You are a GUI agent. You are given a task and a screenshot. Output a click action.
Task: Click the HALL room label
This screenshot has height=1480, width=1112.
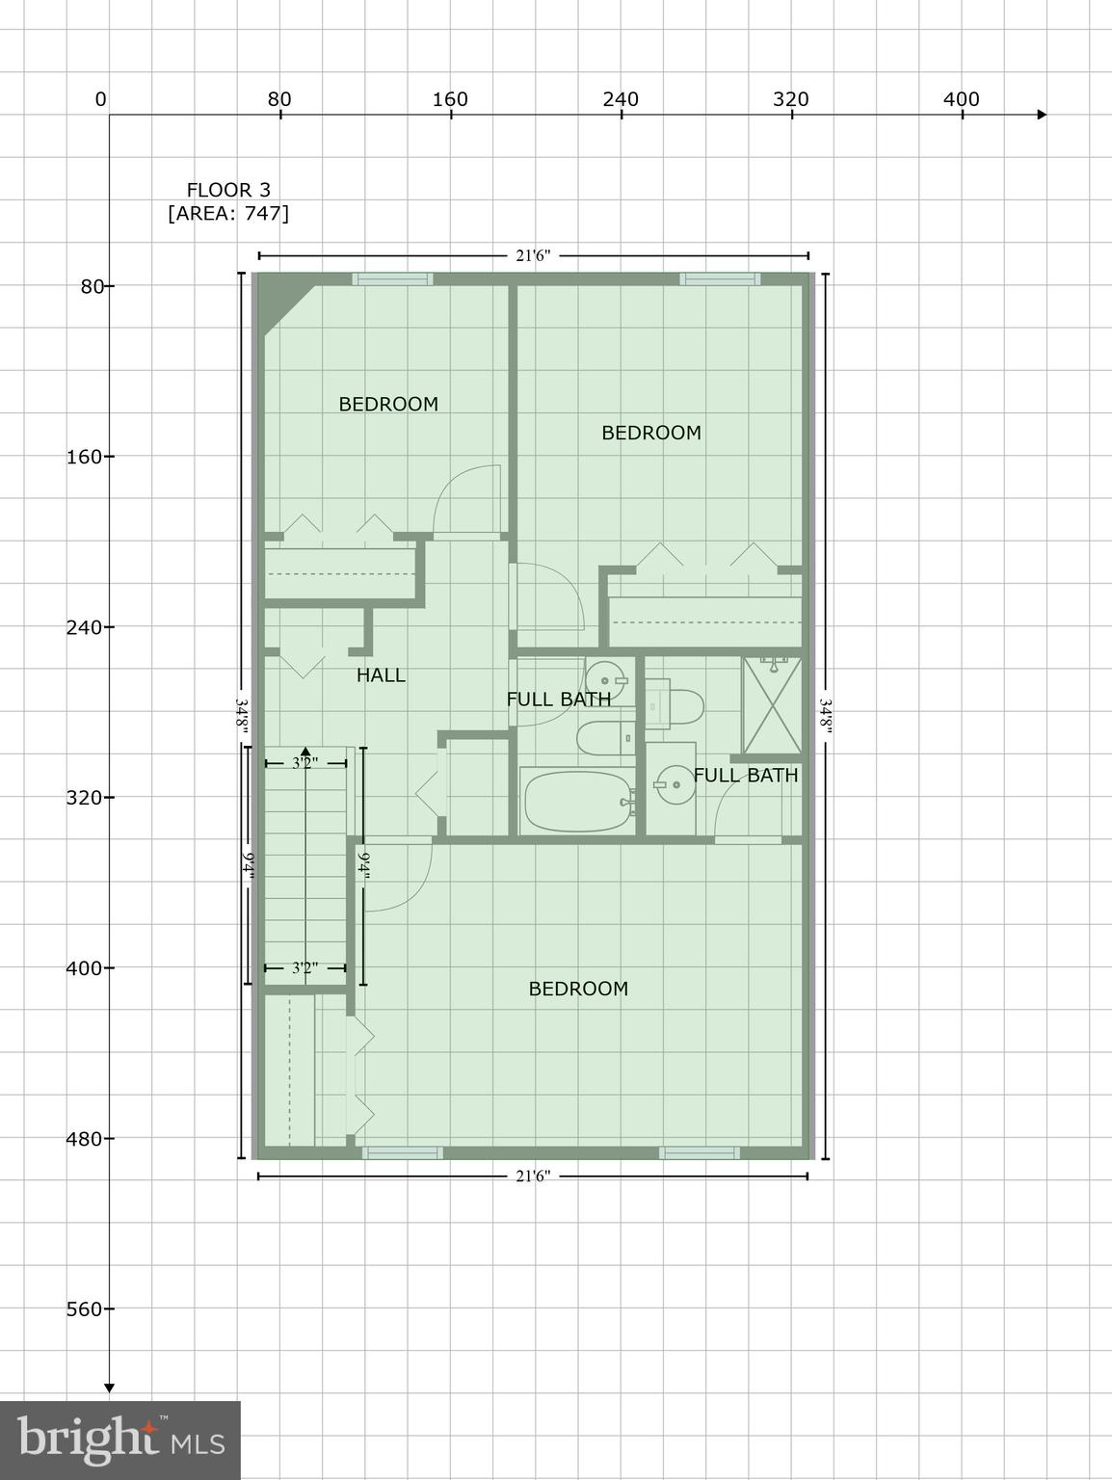pos(381,675)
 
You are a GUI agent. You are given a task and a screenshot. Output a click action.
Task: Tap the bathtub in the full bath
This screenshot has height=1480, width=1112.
pos(576,801)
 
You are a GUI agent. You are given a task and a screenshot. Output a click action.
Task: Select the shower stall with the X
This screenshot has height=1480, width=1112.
pos(771,704)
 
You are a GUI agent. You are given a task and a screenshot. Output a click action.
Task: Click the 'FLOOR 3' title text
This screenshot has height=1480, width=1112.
pos(228,190)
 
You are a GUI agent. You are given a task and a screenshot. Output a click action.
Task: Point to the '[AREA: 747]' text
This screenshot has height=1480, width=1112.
pos(228,213)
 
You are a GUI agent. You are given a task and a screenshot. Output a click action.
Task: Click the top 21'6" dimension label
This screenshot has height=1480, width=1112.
pos(533,255)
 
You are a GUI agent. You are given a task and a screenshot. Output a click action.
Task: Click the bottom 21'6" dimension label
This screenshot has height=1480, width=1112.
pos(533,1176)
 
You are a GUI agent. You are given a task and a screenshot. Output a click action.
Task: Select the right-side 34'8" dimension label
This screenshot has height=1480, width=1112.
pos(826,716)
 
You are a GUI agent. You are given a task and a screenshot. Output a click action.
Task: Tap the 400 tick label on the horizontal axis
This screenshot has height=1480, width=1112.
pos(961,99)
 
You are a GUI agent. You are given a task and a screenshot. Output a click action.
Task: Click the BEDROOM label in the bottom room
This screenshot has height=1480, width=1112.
pos(578,989)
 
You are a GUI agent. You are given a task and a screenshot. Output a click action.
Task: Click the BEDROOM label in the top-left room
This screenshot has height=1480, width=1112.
pos(388,405)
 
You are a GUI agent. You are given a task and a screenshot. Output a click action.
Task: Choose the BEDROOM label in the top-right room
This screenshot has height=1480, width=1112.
pos(651,433)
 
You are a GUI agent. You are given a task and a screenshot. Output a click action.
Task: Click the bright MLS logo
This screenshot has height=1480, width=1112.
pos(120,1440)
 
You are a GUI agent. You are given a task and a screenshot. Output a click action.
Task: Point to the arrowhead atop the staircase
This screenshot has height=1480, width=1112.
pos(305,751)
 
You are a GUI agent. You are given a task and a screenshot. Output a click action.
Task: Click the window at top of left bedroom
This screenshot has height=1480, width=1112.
pos(392,279)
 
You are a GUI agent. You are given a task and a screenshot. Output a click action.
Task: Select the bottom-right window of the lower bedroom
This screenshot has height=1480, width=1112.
pos(700,1152)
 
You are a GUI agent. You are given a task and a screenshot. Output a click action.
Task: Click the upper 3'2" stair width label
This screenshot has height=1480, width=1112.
pos(305,764)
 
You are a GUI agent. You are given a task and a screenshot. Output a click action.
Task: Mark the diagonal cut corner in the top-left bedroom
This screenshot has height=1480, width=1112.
pos(287,306)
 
